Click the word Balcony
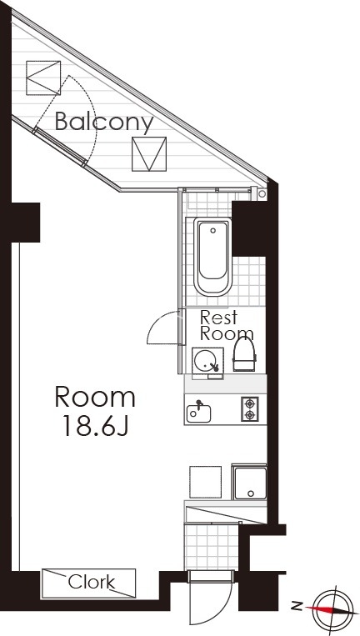tap(104, 122)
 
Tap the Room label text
tap(95, 398)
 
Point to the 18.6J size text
tap(96, 426)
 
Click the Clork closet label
tap(91, 583)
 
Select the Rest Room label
tap(227, 325)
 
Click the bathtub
tap(212, 257)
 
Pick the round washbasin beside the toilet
tap(207, 360)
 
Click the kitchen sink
tap(198, 413)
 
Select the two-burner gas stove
tap(250, 408)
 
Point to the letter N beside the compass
tap(297, 606)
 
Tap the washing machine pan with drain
tap(250, 483)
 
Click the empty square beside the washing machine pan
tap(206, 482)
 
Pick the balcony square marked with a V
tap(149, 154)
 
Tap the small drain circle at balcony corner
tap(262, 194)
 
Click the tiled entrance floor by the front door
tap(211, 547)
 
